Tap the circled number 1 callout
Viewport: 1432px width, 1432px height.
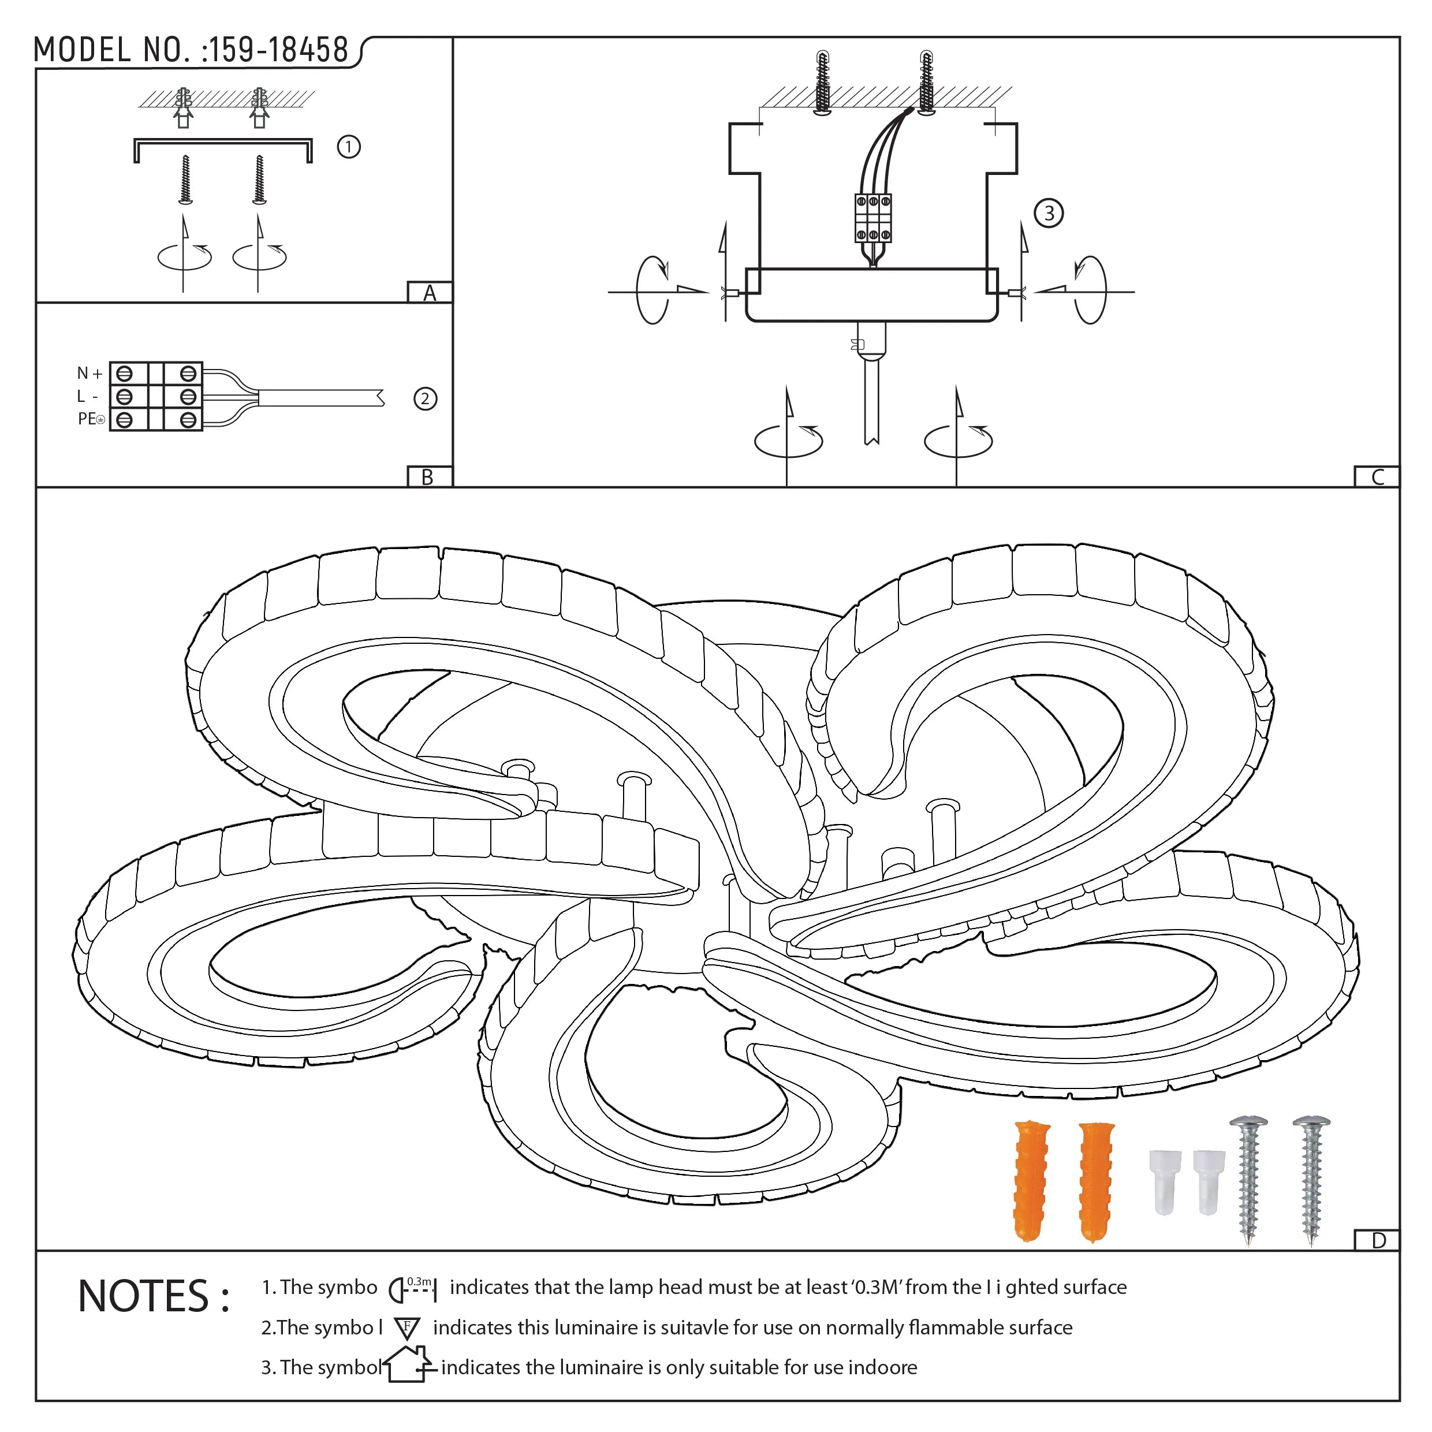pyautogui.click(x=348, y=147)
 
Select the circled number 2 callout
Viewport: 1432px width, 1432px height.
pyautogui.click(x=425, y=400)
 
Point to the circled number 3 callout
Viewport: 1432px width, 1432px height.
pyautogui.click(x=1049, y=214)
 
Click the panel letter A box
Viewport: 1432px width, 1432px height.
pyautogui.click(x=429, y=293)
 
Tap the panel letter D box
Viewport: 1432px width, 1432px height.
pyautogui.click(x=1378, y=1241)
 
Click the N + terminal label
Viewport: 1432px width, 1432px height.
pyautogui.click(x=89, y=374)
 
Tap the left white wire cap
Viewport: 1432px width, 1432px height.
pyautogui.click(x=1165, y=1181)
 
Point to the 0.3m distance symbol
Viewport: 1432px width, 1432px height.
pyautogui.click(x=413, y=1289)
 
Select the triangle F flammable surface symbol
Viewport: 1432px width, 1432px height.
pyautogui.click(x=407, y=1328)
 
